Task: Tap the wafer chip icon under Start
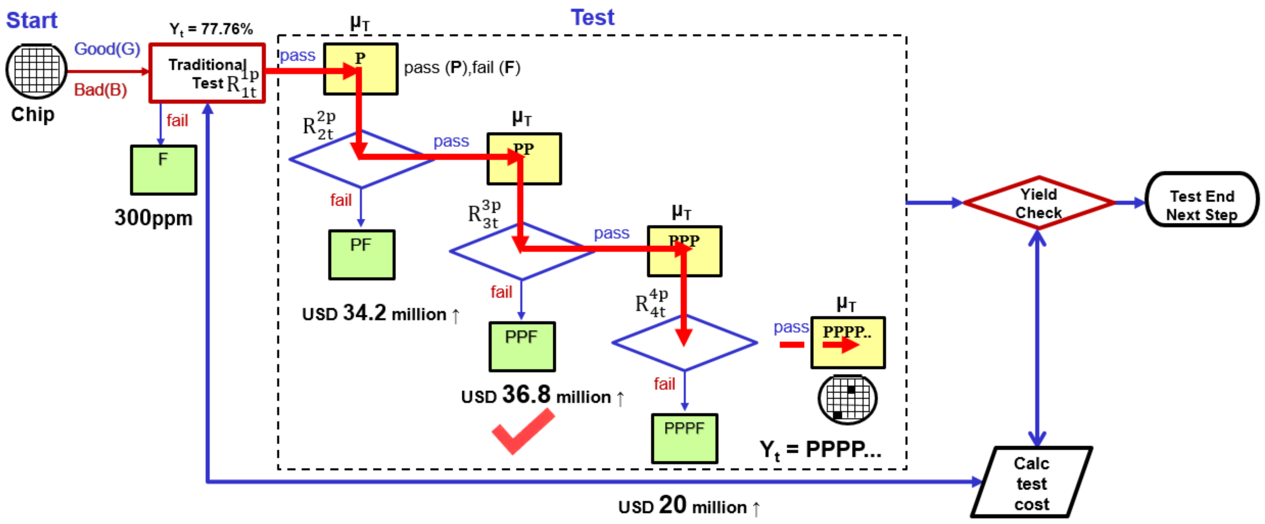click(x=36, y=71)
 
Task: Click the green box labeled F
click(x=164, y=170)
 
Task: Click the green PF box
click(x=361, y=255)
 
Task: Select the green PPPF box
click(x=684, y=438)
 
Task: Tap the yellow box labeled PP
click(x=524, y=159)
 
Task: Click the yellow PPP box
click(x=684, y=251)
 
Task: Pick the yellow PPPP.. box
click(x=848, y=342)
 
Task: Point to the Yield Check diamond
click(x=1038, y=203)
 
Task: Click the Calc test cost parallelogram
click(x=1031, y=482)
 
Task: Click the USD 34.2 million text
click(x=381, y=313)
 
